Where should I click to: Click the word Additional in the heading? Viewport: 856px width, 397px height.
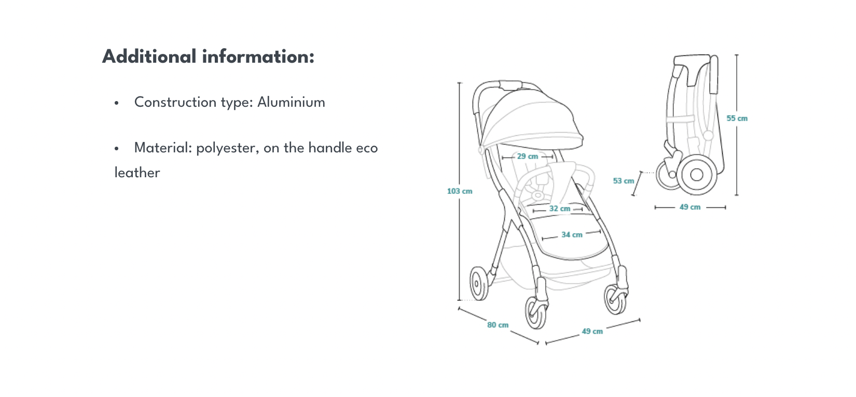pos(149,56)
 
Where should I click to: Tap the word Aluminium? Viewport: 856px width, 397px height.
pos(291,102)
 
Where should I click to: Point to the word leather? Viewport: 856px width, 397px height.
pos(137,173)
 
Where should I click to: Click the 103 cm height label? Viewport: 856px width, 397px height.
pos(460,191)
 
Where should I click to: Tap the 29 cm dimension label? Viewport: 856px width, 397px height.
pos(528,157)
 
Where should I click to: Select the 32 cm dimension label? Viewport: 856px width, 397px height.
pos(560,209)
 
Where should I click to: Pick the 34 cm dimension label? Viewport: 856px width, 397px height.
pos(572,235)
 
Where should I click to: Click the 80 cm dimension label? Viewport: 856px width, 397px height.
pos(498,325)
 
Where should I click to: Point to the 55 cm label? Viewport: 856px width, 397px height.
pos(737,119)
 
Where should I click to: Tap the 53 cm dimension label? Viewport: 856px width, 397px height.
pos(624,181)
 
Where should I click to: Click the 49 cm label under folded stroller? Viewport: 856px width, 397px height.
pos(690,207)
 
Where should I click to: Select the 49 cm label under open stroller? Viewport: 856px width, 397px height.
pos(592,331)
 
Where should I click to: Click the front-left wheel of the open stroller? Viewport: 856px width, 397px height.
pos(536,312)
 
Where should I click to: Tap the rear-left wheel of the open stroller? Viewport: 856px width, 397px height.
pos(479,283)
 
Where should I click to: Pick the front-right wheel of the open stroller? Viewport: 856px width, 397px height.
pos(615,299)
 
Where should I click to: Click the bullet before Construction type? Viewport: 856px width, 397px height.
pos(117,103)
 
